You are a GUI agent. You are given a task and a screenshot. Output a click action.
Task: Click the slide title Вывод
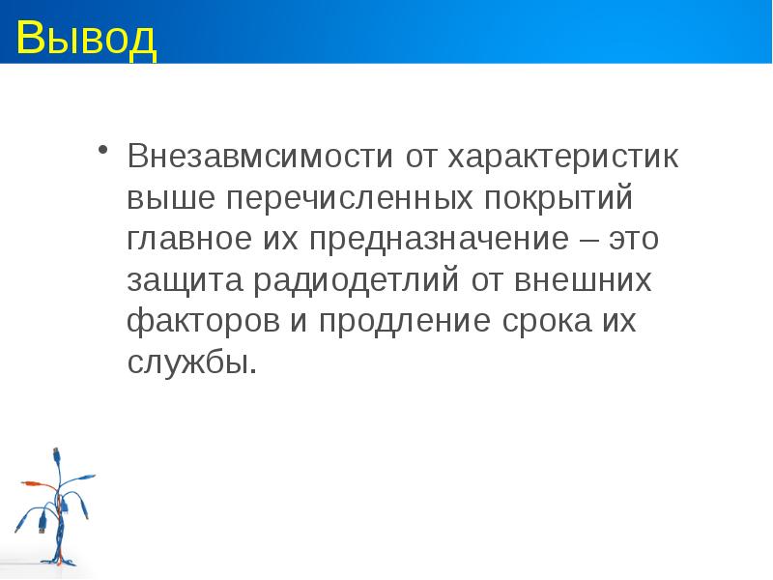(x=86, y=38)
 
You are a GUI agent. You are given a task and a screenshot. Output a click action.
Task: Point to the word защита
(x=185, y=280)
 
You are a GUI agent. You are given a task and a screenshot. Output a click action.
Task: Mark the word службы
(x=191, y=363)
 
